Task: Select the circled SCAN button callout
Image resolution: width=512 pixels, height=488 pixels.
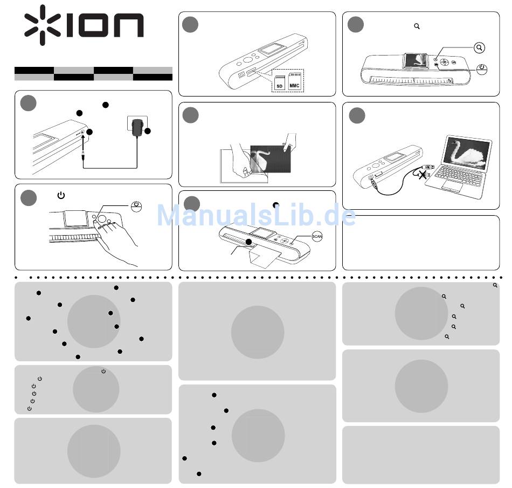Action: [317, 236]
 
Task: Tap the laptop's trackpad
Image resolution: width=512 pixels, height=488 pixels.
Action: [452, 187]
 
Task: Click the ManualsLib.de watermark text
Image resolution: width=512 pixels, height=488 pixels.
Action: [256, 216]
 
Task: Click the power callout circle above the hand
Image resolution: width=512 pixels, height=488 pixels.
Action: [137, 206]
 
